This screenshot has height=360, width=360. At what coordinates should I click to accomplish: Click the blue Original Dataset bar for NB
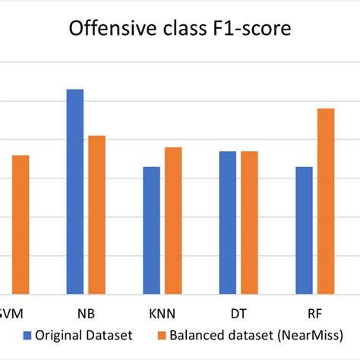(75, 191)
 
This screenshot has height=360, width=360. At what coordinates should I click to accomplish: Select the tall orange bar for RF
(325, 201)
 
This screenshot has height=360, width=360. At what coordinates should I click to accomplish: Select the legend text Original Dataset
(86, 335)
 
